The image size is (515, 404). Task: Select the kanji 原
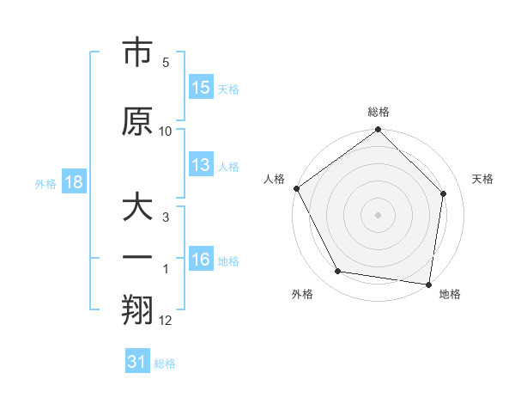(137, 121)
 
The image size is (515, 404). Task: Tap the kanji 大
(137, 208)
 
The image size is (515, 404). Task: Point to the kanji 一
(137, 256)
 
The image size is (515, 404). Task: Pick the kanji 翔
(137, 310)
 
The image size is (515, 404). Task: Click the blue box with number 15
(201, 88)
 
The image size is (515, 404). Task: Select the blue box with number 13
(201, 165)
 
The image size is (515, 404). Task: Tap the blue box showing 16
(201, 260)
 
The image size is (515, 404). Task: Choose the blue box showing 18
(73, 182)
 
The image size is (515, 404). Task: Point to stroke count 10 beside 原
(166, 131)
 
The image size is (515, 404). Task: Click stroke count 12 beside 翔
(166, 321)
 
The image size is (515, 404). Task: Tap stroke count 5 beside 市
(166, 63)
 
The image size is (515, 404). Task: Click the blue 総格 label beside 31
(165, 363)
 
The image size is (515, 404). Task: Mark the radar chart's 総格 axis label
(379, 113)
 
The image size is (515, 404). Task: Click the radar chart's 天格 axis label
(482, 179)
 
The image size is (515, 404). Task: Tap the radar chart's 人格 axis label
(275, 179)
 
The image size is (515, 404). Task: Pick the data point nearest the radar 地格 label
(428, 284)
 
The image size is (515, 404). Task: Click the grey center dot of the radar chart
(379, 214)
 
